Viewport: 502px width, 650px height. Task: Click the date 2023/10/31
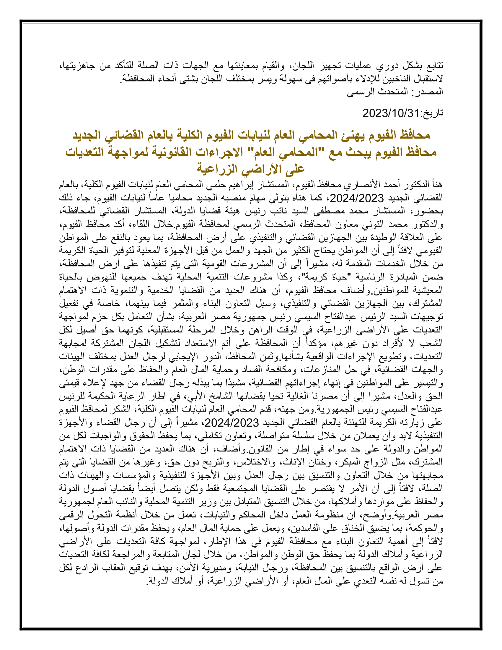click(x=390, y=113)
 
